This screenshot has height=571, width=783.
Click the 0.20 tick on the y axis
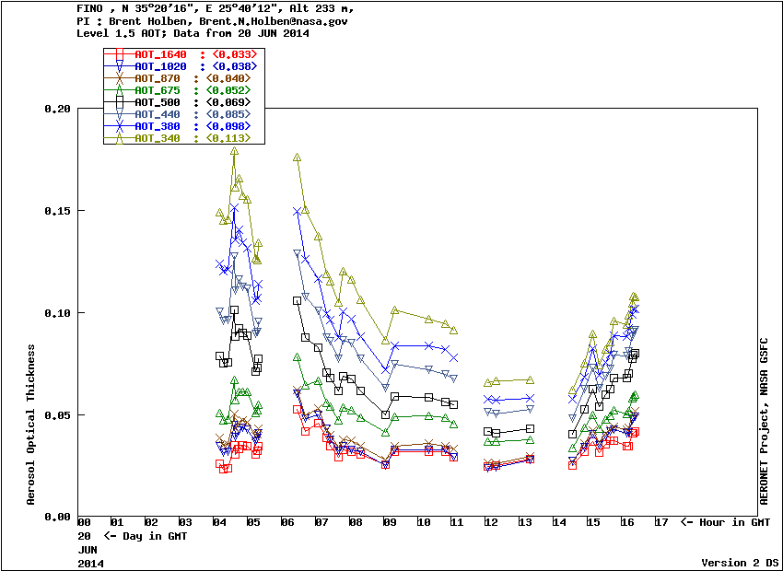coord(57,109)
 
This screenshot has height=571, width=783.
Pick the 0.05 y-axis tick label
coord(57,415)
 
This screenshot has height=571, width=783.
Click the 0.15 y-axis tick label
coord(57,211)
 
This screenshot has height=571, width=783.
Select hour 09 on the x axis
coord(390,523)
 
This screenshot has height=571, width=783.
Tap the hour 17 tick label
coord(660,523)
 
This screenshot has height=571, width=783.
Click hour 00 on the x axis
coord(84,523)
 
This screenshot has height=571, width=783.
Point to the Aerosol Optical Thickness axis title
coord(31,425)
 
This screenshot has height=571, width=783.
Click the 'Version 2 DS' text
coord(741,563)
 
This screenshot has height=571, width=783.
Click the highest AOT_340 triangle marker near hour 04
coord(234,150)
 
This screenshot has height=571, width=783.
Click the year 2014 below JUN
coord(90,562)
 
